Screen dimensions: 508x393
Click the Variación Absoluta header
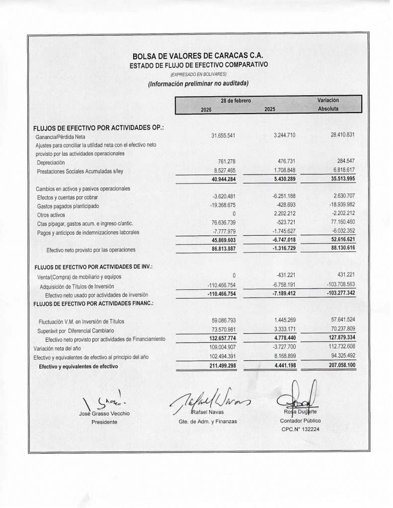pyautogui.click(x=328, y=104)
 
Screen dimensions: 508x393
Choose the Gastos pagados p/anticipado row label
pyautogui.click(x=68, y=206)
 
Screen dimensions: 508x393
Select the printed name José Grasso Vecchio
pyautogui.click(x=104, y=413)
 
